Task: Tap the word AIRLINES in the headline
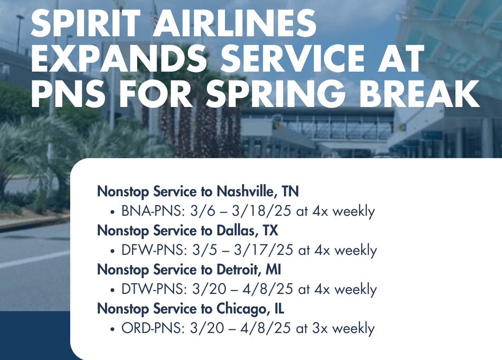(234, 23)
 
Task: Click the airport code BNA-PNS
(153, 211)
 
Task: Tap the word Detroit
(239, 270)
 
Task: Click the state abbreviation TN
(291, 192)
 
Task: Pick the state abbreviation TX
(271, 231)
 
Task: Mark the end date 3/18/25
(262, 211)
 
